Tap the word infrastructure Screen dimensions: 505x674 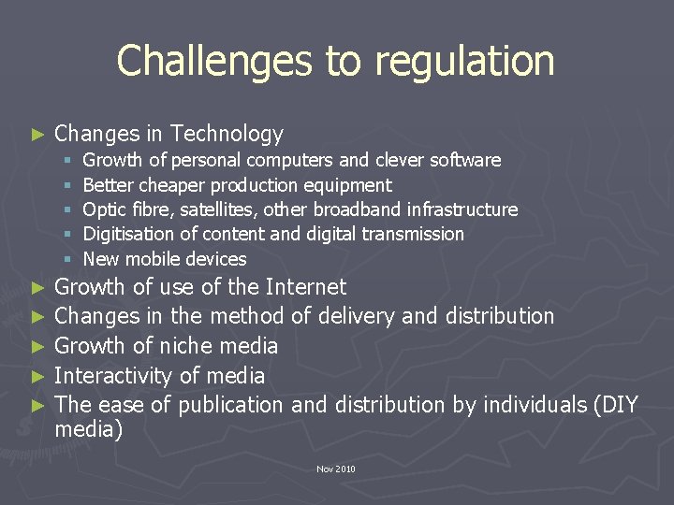point(463,209)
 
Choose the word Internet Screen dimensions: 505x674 point(305,287)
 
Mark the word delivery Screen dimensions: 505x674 point(357,316)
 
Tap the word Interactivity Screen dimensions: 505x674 point(113,376)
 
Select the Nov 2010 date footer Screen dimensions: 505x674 point(336,469)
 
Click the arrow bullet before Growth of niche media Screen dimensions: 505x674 point(37,347)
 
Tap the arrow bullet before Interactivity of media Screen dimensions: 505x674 point(37,377)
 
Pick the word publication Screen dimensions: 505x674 point(230,405)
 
